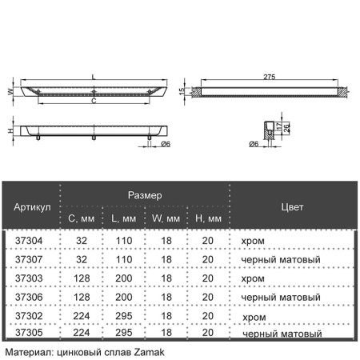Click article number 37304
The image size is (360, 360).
pyautogui.click(x=29, y=241)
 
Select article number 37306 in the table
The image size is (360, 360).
pyautogui.click(x=29, y=298)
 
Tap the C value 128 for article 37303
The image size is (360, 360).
pyautogui.click(x=82, y=278)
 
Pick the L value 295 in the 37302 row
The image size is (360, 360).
pyautogui.click(x=124, y=316)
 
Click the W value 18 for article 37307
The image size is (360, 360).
pyautogui.click(x=166, y=260)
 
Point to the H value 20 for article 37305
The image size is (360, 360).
pyautogui.click(x=208, y=333)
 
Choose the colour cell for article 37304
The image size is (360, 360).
pyautogui.click(x=253, y=242)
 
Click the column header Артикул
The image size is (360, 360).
pyautogui.click(x=32, y=207)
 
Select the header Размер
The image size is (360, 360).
pyautogui.click(x=145, y=195)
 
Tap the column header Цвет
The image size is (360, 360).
pyautogui.click(x=292, y=207)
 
